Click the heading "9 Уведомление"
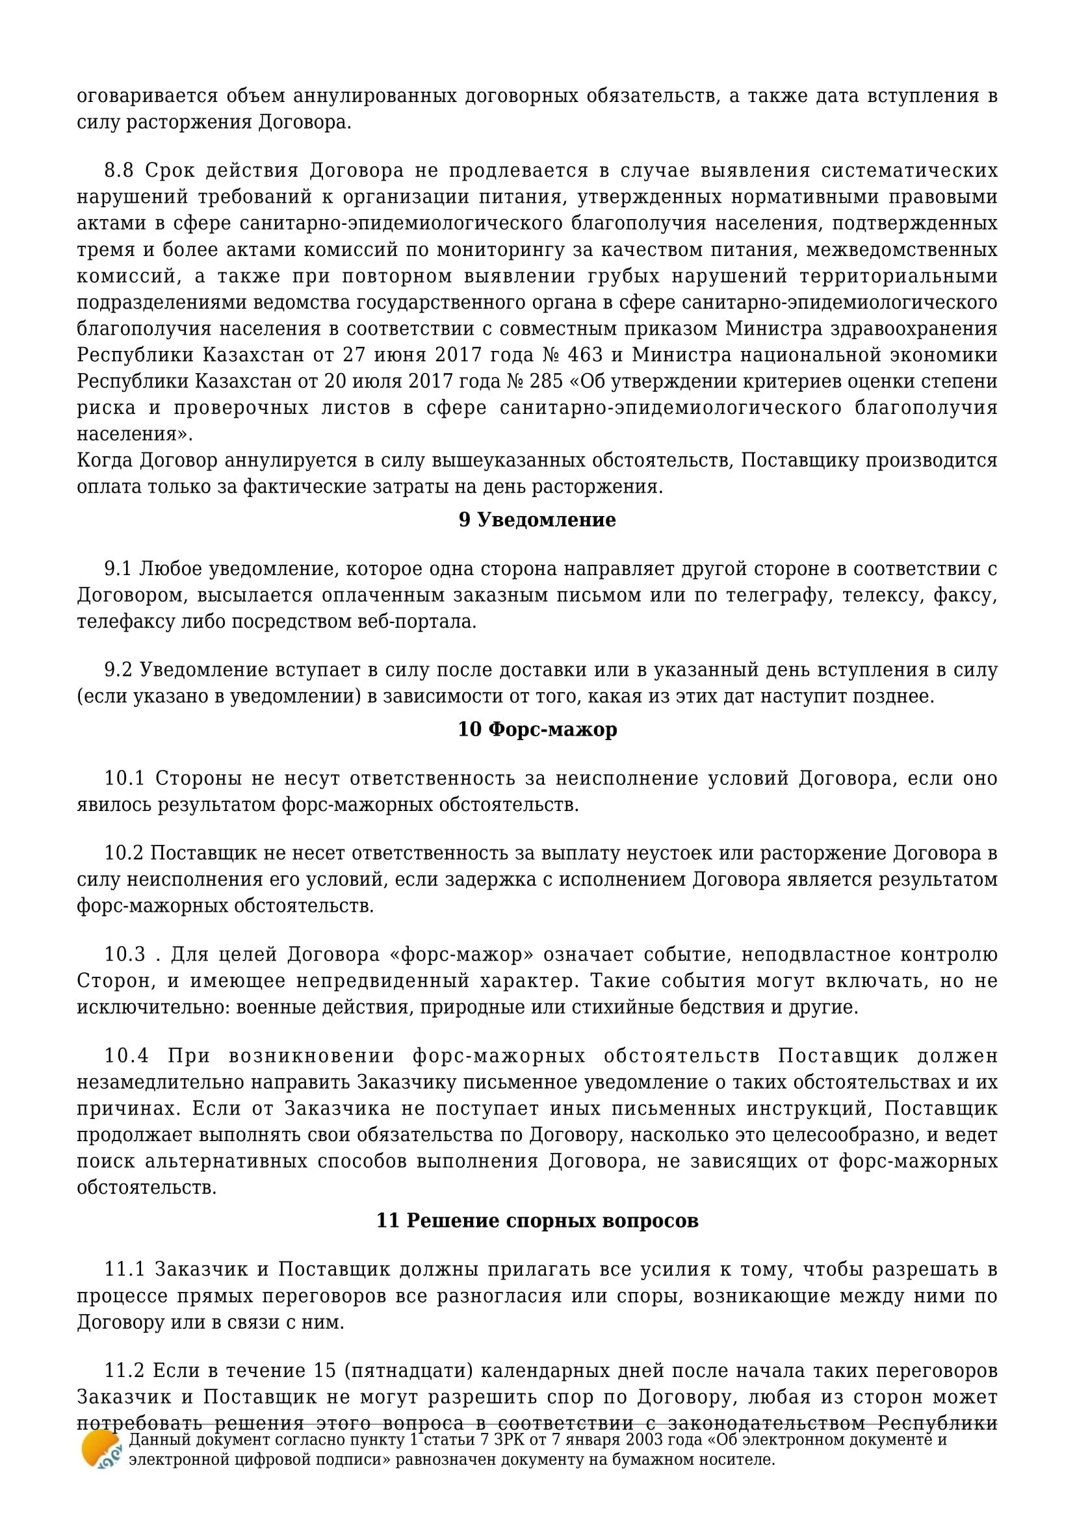coord(537,520)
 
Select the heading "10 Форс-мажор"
coord(537,729)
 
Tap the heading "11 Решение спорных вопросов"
coord(537,1220)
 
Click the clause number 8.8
coord(119,171)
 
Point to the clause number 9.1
coord(119,569)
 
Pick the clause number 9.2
coord(119,670)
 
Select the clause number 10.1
coord(124,778)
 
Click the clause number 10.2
coord(124,853)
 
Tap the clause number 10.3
coord(124,955)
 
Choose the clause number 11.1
coord(124,1270)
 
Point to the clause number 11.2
coord(124,1371)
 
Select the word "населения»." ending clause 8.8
coord(136,434)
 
